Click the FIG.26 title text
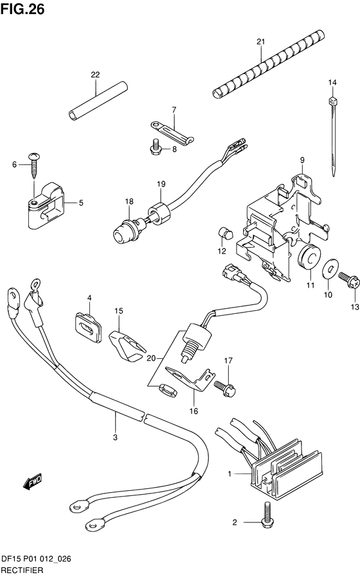tap(22, 9)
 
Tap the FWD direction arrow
tap(33, 482)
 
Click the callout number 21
tap(260, 42)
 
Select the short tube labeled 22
tap(98, 100)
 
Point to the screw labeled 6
tap(35, 165)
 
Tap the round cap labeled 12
tap(226, 234)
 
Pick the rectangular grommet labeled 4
tap(88, 327)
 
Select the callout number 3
tap(115, 437)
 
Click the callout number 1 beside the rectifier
tap(230, 473)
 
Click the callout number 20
tap(151, 358)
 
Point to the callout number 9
tap(302, 160)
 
